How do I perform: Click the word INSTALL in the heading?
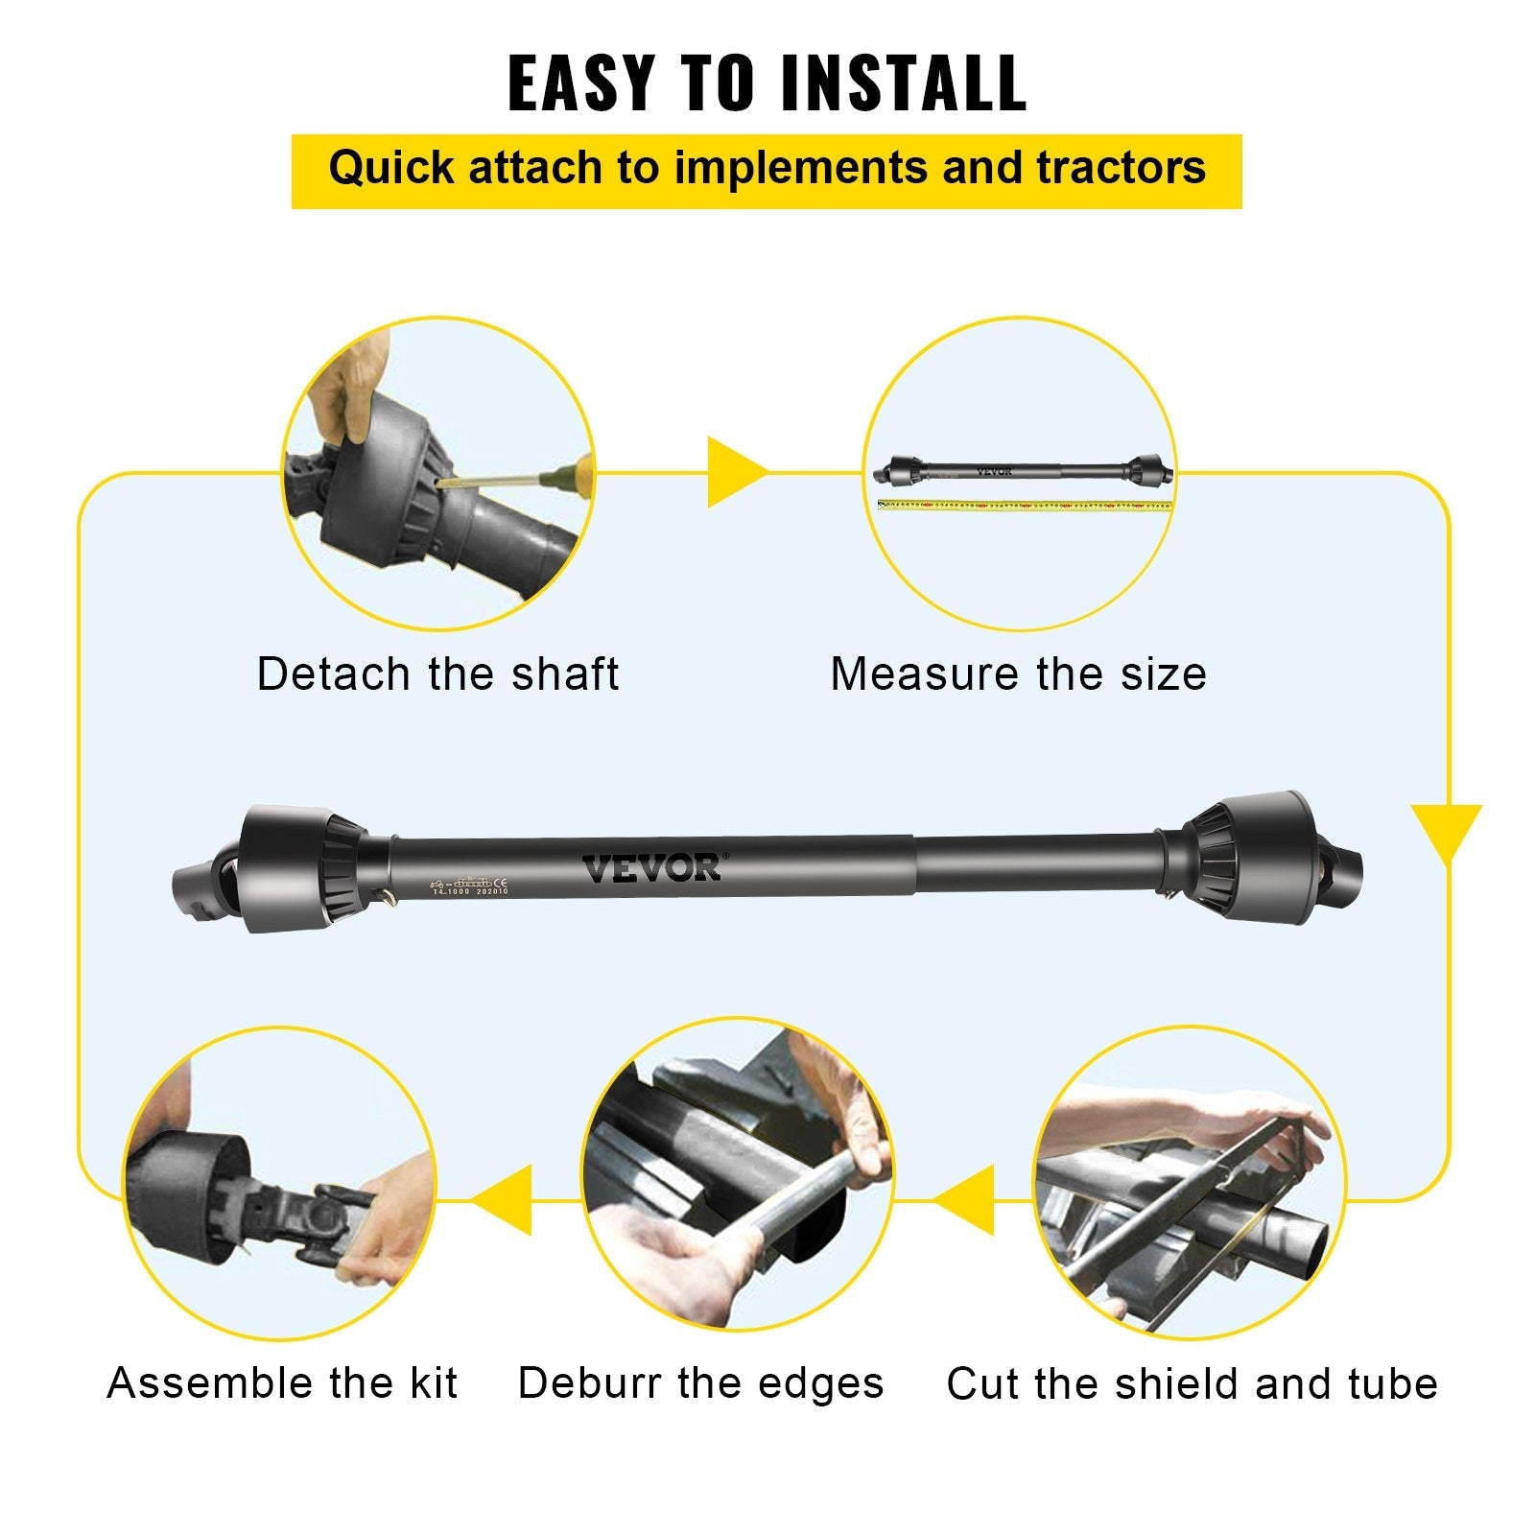pyautogui.click(x=904, y=84)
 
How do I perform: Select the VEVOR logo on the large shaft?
pyautogui.click(x=652, y=868)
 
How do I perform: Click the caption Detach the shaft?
pyautogui.click(x=437, y=673)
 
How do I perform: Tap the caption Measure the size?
pyautogui.click(x=1018, y=673)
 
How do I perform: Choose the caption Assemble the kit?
pyautogui.click(x=282, y=1383)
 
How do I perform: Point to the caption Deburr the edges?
pyautogui.click(x=700, y=1383)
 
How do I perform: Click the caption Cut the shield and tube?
pyautogui.click(x=1192, y=1384)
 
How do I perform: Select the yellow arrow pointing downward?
pyautogui.click(x=1447, y=831)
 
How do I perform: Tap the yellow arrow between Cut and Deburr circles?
pyautogui.click(x=967, y=1200)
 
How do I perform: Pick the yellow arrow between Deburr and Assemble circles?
pyautogui.click(x=505, y=1200)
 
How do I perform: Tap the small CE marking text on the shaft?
pyautogui.click(x=499, y=882)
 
